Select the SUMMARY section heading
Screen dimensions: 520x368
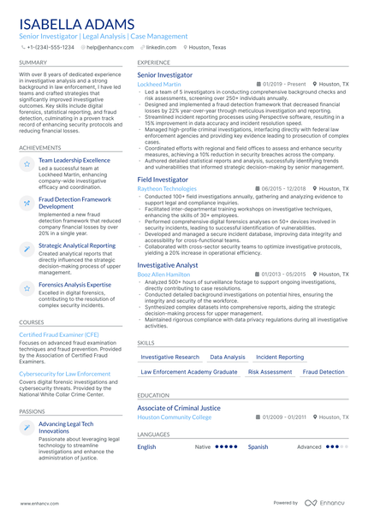[33, 62]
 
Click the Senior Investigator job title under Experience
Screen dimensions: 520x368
[165, 75]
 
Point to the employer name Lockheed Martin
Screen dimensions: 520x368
[160, 85]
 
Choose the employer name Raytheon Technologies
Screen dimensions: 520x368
[166, 188]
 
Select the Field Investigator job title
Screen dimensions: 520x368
[163, 180]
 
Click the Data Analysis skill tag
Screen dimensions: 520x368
[228, 357]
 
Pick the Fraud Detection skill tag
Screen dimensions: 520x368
[323, 372]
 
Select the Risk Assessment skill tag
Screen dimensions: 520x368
[270, 372]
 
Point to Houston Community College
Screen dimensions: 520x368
[174, 417]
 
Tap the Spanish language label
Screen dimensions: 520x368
[258, 446]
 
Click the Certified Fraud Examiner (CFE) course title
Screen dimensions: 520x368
[59, 334]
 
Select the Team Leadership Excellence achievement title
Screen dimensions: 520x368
[74, 160]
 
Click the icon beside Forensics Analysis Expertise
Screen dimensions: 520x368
[27, 286]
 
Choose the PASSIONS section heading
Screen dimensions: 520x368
[33, 411]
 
